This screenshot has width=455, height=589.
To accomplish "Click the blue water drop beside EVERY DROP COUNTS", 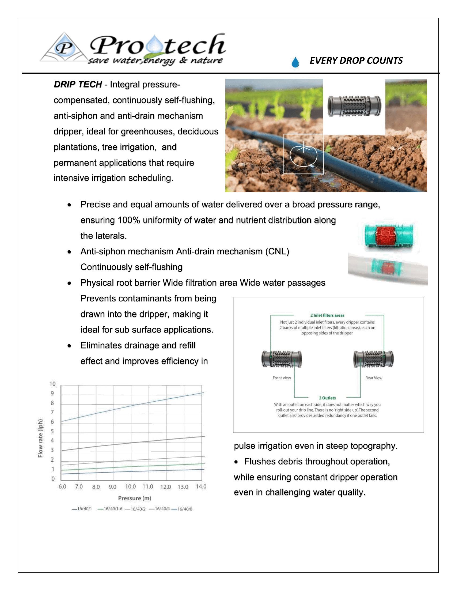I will click(x=295, y=62).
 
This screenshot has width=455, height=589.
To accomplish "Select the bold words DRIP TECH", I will click(x=78, y=84).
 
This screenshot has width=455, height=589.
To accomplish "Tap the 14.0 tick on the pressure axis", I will click(x=201, y=486).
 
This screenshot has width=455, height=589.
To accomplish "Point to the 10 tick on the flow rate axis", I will click(x=52, y=384).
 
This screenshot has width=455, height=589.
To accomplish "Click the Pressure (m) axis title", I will click(x=135, y=498).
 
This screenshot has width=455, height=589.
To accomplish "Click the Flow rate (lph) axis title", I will click(x=40, y=438).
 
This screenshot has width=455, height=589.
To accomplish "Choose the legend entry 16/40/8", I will click(x=185, y=509).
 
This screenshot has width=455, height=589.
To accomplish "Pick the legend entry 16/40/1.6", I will click(x=113, y=509).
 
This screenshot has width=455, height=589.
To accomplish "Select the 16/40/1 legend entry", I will click(x=84, y=509).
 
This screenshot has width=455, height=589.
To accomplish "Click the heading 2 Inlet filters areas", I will click(x=327, y=315).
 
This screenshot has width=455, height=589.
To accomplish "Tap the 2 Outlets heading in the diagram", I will click(x=327, y=398).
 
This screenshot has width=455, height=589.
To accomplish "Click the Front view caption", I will click(x=282, y=378).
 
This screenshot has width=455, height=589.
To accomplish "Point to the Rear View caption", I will click(x=374, y=378).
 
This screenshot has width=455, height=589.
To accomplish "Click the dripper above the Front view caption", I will click(x=282, y=359).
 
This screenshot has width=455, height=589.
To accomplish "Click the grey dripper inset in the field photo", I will click(x=354, y=106).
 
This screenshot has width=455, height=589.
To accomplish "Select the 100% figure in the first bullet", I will click(x=129, y=220).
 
